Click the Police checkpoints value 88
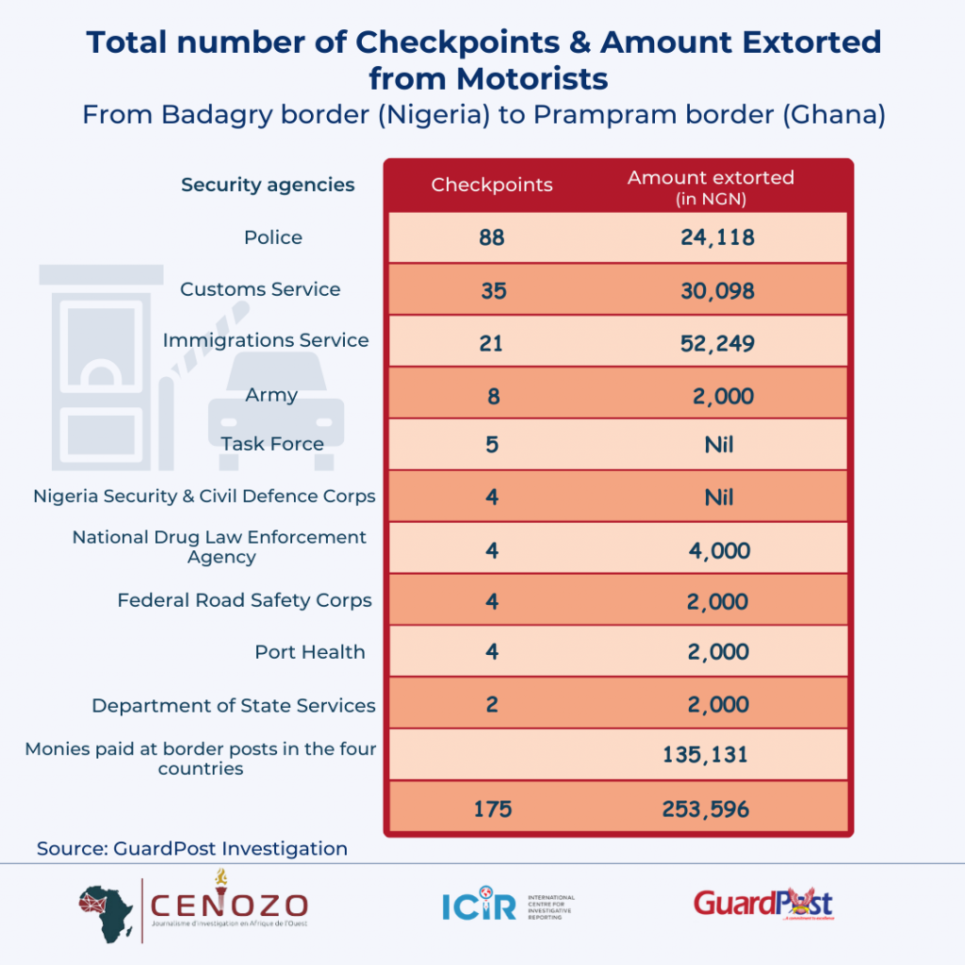492,237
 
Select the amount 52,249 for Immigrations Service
717,343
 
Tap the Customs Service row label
260,289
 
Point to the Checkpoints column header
492,185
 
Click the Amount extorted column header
711,185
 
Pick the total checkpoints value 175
492,809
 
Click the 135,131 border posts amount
717,753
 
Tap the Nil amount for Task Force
719,444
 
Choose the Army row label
271,395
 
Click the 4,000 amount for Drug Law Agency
719,550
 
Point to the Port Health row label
310,652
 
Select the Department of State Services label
234,706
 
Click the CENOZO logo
193,905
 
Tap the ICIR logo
507,907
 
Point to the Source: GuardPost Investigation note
192,848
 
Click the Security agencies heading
268,185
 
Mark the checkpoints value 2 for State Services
492,705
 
